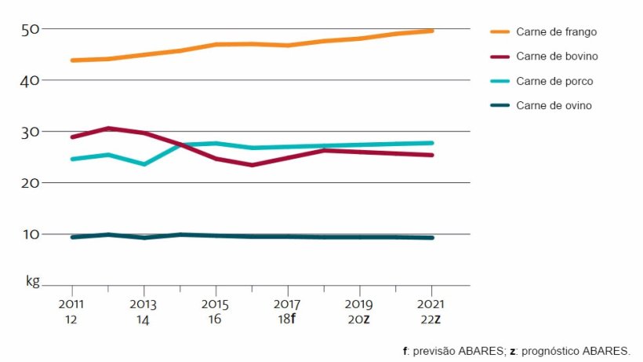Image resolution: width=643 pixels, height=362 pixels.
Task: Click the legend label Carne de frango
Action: pos(555,31)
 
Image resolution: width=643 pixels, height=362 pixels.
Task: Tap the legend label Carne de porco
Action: pos(554,81)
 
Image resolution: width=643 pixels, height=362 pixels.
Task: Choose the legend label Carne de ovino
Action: pos(554,105)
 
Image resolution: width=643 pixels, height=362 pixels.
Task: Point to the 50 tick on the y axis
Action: pos(31,29)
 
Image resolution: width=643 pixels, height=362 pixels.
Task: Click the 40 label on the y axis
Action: pos(31,80)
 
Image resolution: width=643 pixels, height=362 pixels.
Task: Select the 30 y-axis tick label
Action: pos(31,132)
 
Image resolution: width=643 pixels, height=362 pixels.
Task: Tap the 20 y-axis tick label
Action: pos(31,183)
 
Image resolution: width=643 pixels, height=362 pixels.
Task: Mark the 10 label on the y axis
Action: pos(31,234)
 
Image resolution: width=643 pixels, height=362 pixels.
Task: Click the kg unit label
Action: pos(32,280)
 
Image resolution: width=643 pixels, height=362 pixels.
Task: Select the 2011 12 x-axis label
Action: pos(71,310)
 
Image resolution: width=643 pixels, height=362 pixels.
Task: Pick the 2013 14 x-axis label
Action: pos(143,310)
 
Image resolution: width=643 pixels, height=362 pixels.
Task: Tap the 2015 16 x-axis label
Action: pos(215,310)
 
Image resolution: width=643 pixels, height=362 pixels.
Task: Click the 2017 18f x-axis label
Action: pos(287,310)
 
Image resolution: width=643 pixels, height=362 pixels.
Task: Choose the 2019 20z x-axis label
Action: pos(359,310)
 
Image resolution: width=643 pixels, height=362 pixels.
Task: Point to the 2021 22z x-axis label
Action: pos(430,310)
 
